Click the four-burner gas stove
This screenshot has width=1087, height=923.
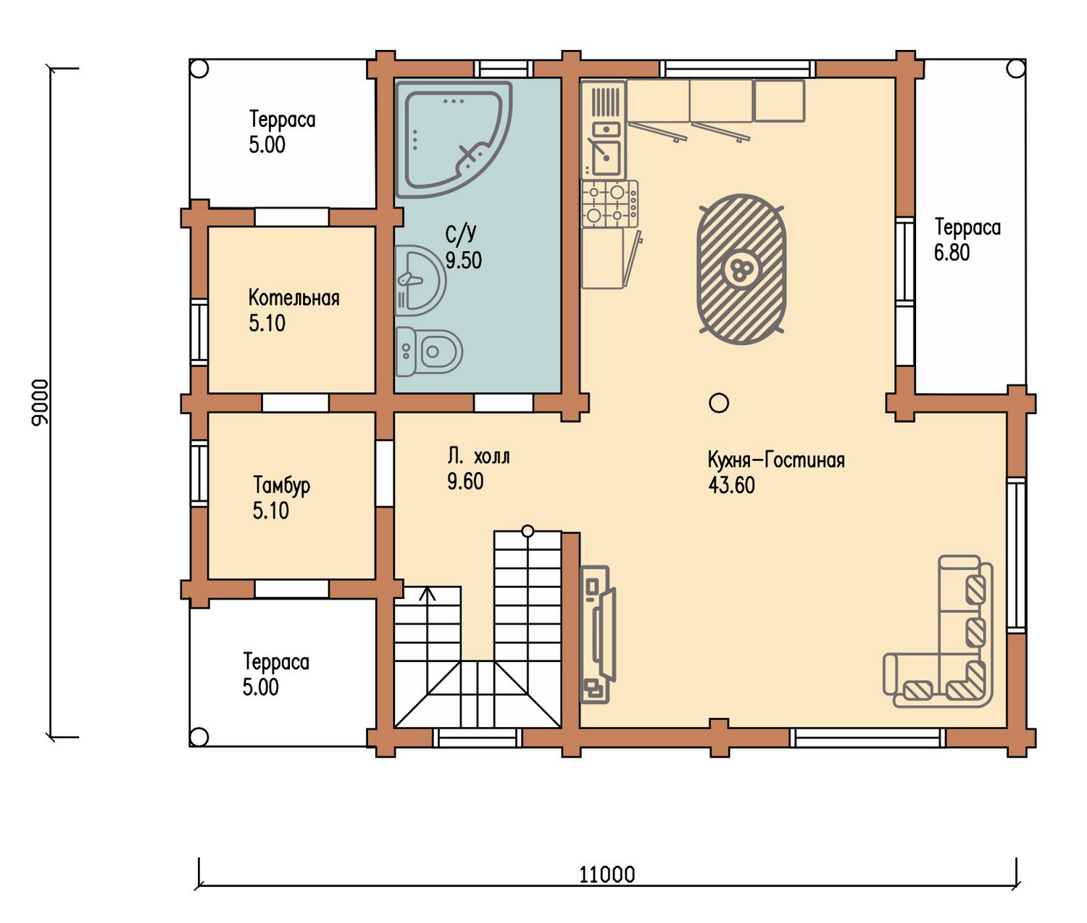610,204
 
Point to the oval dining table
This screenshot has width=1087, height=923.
741,270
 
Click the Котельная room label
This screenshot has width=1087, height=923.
294,299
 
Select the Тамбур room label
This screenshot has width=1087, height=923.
282,486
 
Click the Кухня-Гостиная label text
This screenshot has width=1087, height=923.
776,460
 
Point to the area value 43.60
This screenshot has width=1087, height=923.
731,485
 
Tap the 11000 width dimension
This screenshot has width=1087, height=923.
607,874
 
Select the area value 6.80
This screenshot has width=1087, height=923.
951,252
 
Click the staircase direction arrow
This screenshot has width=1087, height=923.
428,595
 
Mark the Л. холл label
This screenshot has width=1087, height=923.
478,457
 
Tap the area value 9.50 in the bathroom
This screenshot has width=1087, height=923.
464,260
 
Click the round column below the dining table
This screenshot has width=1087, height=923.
719,404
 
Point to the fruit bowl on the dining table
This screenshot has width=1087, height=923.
741,270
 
